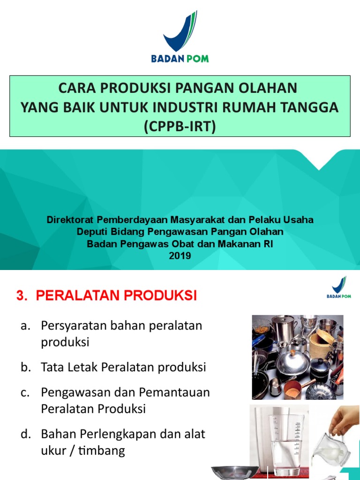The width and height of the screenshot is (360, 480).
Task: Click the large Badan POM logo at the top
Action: (180, 37)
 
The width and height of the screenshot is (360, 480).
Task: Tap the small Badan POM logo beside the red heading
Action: (339, 287)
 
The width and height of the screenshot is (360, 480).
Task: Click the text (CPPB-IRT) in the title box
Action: (180, 126)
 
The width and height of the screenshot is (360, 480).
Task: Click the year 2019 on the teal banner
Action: (180, 255)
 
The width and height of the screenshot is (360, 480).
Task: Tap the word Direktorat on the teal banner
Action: (70, 220)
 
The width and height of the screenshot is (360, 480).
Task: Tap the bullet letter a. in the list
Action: (25, 326)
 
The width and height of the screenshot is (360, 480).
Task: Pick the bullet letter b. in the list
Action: (26, 367)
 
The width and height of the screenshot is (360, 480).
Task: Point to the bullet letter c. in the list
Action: (25, 393)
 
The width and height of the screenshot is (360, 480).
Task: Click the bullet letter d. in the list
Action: (26, 434)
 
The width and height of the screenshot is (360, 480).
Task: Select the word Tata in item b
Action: (52, 367)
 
